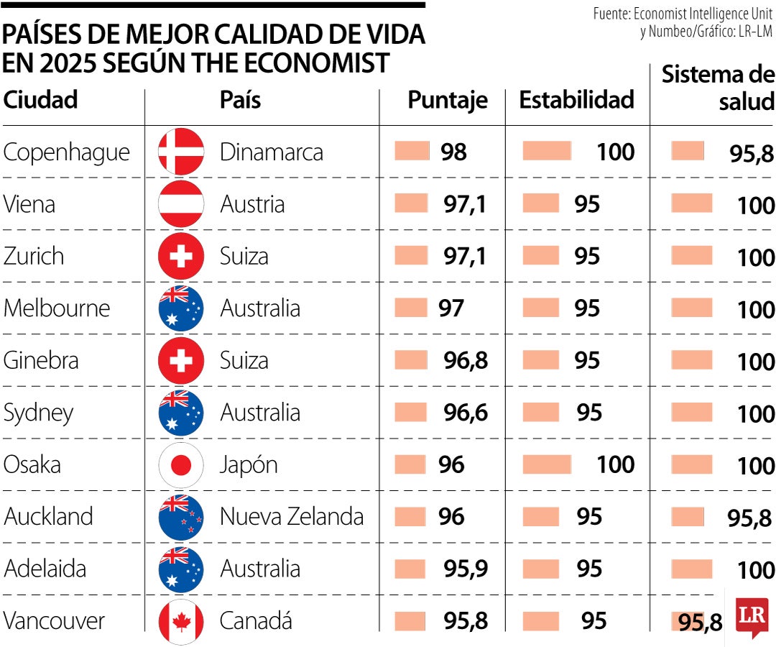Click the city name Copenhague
coord(67,152)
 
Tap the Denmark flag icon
coord(181,152)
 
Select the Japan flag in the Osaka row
coord(181,465)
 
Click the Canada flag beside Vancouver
coord(181,621)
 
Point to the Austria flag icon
coord(181,204)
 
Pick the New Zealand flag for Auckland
coord(181,517)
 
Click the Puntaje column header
coord(447,100)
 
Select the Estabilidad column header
coord(576,100)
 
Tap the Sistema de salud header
coord(718,88)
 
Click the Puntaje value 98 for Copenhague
coord(454,152)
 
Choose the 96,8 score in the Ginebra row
coord(466,360)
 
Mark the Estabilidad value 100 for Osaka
coord(615,464)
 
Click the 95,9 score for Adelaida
coord(466,569)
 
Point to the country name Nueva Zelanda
coord(292,516)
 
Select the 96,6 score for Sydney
coord(466,413)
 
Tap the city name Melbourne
coord(57,308)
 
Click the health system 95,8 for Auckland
coord(749,518)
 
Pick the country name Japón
coord(249,465)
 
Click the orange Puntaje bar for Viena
coord(411,204)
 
